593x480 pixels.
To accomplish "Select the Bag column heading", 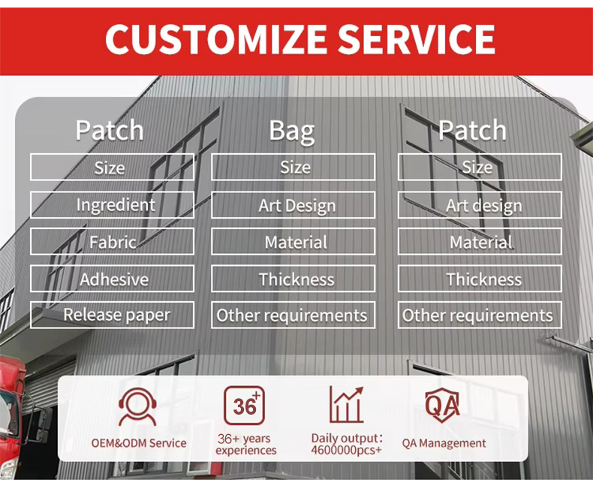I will (x=292, y=131).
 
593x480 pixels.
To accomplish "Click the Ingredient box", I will (x=112, y=204).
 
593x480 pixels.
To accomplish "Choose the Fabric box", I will (x=112, y=242).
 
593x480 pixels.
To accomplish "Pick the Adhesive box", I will (x=112, y=279).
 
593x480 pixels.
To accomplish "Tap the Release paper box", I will (x=112, y=315).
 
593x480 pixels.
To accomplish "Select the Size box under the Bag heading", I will (x=293, y=167).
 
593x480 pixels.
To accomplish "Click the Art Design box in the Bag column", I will (x=293, y=205).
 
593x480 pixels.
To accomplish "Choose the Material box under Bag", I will (x=293, y=242).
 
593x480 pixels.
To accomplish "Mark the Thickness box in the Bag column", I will (x=293, y=279).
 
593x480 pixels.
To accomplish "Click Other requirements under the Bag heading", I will (x=293, y=315).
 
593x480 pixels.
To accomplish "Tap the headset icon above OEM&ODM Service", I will (x=138, y=406).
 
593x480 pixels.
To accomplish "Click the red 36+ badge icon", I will (x=245, y=405).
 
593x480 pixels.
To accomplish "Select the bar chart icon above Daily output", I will (x=346, y=405).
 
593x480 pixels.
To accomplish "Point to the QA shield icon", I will (x=443, y=406).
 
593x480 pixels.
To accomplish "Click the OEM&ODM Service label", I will (x=139, y=443).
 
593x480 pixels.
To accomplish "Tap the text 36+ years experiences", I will (x=245, y=444).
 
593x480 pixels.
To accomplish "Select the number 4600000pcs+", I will (x=346, y=449).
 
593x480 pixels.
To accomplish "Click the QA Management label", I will (x=444, y=443).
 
